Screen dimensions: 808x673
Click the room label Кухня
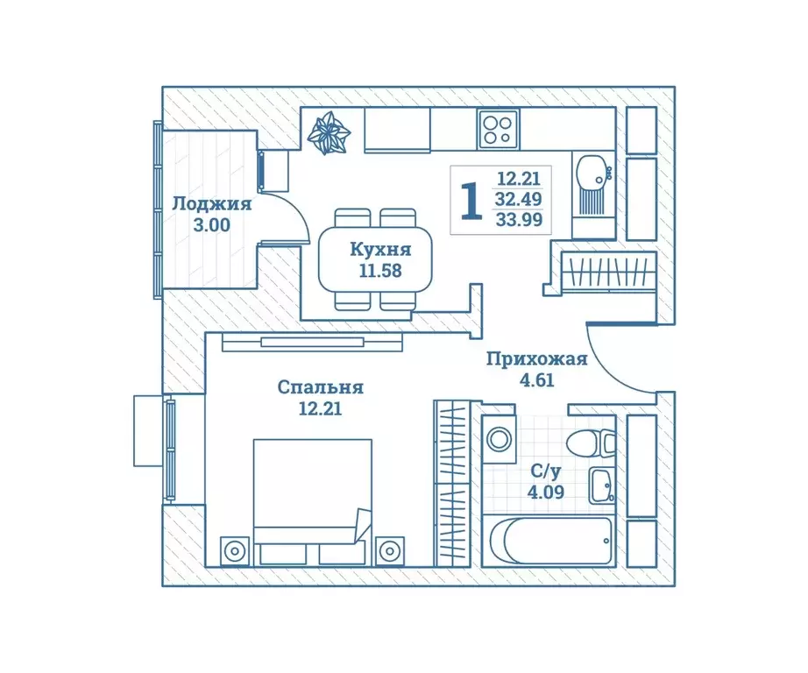tap(380, 250)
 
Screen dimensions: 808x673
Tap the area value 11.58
tap(380, 271)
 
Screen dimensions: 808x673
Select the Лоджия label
tap(212, 204)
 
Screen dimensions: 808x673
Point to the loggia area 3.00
tap(211, 225)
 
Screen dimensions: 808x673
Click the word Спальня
tap(321, 387)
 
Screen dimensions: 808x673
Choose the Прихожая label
tap(537, 359)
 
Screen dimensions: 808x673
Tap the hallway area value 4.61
tap(537, 380)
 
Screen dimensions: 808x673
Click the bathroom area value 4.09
tap(546, 492)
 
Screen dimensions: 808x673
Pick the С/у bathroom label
tap(546, 471)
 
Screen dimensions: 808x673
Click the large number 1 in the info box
tap(471, 202)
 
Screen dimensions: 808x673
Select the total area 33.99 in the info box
tap(519, 220)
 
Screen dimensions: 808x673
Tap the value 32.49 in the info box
tap(519, 199)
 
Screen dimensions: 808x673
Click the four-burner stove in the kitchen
tap(498, 130)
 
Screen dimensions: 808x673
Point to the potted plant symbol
tap(329, 133)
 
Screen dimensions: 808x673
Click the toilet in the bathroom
tap(591, 443)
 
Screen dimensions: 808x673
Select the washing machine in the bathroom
tap(499, 440)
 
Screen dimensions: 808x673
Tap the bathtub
tap(549, 541)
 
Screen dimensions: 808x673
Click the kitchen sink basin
tap(593, 172)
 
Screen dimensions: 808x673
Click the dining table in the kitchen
tap(375, 259)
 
